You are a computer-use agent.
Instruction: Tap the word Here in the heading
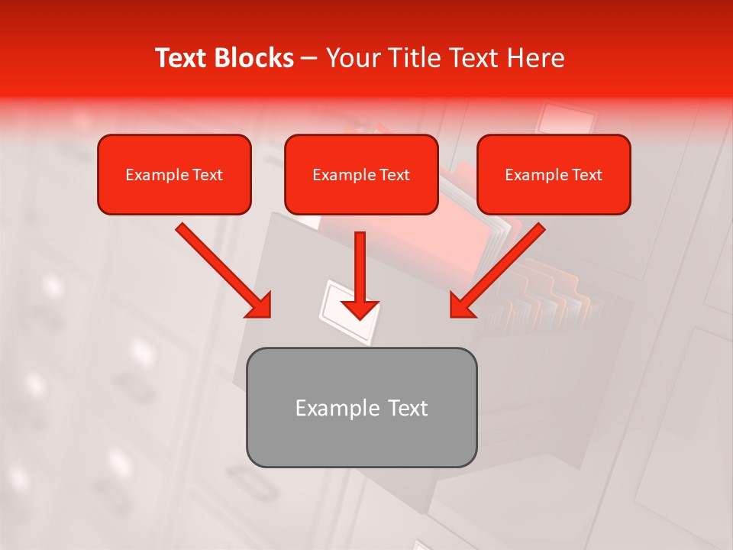click(x=537, y=58)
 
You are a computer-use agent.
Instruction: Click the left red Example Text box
click(x=174, y=174)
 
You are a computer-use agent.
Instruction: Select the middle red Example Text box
click(x=361, y=174)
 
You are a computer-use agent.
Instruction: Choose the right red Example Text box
click(x=554, y=174)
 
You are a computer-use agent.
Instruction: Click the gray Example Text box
click(x=361, y=407)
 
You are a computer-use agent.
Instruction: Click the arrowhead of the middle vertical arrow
click(x=360, y=309)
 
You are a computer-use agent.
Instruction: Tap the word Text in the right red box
click(x=586, y=175)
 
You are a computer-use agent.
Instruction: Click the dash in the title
click(x=310, y=59)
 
